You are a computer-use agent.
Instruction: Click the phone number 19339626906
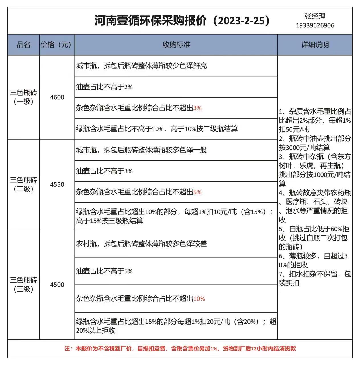[x=315, y=25]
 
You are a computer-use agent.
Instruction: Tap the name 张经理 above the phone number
[x=315, y=16]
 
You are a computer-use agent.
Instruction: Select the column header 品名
[x=23, y=45]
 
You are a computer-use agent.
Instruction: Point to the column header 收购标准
[x=176, y=45]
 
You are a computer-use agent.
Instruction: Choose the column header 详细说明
[x=315, y=45]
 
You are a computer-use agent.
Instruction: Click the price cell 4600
[x=57, y=97]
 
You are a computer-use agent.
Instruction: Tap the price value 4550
[x=57, y=184]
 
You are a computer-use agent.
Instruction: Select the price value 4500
[x=57, y=285]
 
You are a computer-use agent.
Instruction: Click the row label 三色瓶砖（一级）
[x=23, y=97]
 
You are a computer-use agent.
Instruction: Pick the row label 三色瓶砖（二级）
[x=23, y=184]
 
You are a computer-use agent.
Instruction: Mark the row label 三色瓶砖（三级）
[x=23, y=285]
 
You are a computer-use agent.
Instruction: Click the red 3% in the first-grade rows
[x=197, y=108]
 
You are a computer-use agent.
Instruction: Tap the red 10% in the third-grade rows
[x=199, y=299]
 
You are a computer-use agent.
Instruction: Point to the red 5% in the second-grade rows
[x=197, y=192]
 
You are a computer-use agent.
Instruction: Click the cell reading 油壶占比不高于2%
[x=104, y=87]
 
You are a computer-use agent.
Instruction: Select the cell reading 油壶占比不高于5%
[x=104, y=271]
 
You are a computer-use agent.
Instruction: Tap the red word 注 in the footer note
[x=67, y=348]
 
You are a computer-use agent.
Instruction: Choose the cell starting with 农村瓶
[x=141, y=244]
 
